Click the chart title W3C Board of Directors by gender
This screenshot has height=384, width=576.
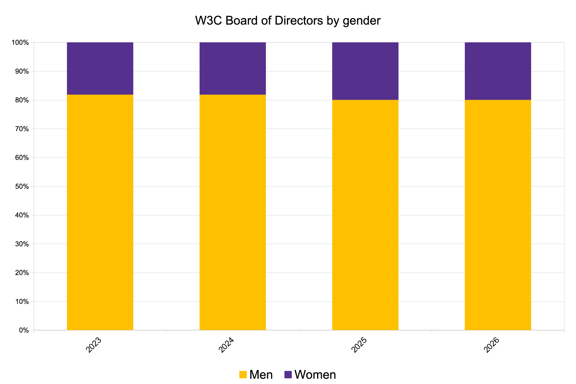click(x=288, y=21)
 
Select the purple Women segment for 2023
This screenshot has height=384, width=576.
click(x=100, y=69)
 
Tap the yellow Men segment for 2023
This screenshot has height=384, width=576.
click(x=100, y=212)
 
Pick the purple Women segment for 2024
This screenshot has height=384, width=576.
click(x=233, y=69)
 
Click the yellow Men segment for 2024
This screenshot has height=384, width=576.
click(x=233, y=212)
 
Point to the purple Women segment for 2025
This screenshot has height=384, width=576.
click(x=365, y=71)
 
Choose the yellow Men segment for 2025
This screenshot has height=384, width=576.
click(x=365, y=215)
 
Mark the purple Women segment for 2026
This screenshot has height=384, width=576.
click(x=498, y=71)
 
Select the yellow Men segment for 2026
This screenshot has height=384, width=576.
click(x=498, y=215)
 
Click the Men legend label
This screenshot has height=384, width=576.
click(x=261, y=374)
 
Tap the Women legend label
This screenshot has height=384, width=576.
click(x=315, y=374)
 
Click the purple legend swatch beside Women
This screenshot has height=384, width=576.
click(x=288, y=374)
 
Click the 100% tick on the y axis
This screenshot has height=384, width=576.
click(x=20, y=43)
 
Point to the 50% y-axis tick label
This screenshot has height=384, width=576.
click(x=22, y=187)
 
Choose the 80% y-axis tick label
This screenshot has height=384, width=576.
click(x=22, y=100)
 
